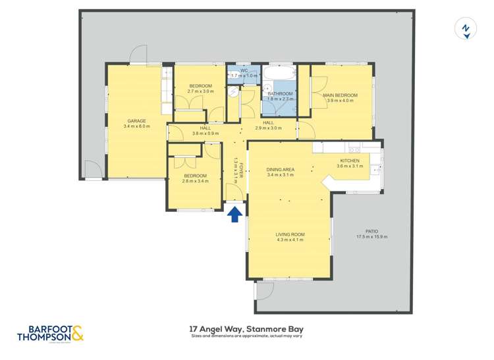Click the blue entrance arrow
(234, 215)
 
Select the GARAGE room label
(136, 120)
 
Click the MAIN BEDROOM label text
(340, 95)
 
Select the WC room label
(244, 70)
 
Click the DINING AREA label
(281, 169)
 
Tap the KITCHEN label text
(349, 161)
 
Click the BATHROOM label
(280, 94)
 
